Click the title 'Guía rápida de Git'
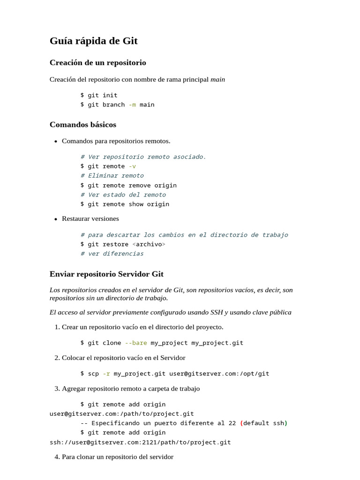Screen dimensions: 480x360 94,41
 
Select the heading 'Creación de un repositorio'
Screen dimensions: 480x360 98,62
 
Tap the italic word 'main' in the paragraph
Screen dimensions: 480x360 217,79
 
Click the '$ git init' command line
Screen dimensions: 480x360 99,95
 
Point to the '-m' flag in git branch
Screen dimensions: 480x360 132,105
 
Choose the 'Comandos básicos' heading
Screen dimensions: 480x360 83,125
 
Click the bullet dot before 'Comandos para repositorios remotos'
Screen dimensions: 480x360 56,141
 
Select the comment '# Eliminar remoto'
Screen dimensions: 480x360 112,175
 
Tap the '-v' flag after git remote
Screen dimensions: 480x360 132,166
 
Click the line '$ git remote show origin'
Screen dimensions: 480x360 125,204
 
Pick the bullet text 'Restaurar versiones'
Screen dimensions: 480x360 90,218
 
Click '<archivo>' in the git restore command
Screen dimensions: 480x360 149,244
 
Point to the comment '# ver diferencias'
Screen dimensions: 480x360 112,254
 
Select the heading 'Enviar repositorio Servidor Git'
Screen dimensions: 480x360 106,274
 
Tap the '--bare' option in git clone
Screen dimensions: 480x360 136,343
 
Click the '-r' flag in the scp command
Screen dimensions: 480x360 106,374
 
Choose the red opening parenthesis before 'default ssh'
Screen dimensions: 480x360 241,423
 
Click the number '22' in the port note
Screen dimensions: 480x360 232,423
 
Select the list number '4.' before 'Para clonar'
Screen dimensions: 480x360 57,457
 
